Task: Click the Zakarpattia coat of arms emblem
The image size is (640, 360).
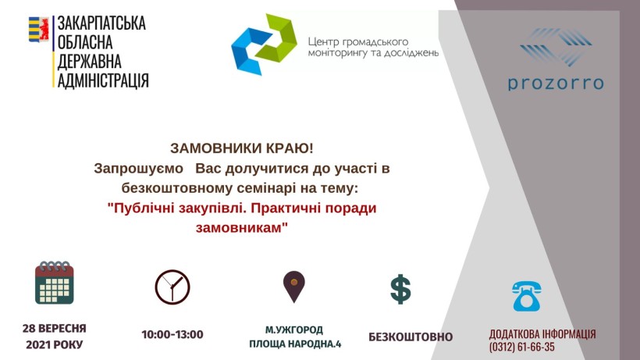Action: coord(39,29)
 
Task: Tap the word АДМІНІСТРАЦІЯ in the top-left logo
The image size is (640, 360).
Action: coord(103,80)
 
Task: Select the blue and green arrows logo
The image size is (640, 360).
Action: coord(264,44)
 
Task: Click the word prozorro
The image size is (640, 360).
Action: coord(556,84)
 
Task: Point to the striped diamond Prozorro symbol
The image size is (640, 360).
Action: coord(556,47)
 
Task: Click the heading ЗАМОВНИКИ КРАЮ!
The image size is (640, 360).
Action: coord(242,148)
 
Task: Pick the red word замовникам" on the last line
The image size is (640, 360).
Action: coord(242,227)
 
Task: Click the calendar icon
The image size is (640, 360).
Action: coord(55,283)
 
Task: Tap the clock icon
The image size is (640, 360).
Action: coord(172,287)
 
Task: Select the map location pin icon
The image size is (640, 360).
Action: coord(294,287)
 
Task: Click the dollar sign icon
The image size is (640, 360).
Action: coord(401,290)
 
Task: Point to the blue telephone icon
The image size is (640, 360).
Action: coord(527,296)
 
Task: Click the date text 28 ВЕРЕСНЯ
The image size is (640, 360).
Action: coord(55,328)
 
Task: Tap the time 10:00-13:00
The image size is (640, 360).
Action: coord(172,335)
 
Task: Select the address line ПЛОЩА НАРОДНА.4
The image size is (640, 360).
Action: coord(295,344)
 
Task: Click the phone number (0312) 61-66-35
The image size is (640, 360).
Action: coord(522,347)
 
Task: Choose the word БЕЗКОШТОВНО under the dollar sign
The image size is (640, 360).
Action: coord(411,337)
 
